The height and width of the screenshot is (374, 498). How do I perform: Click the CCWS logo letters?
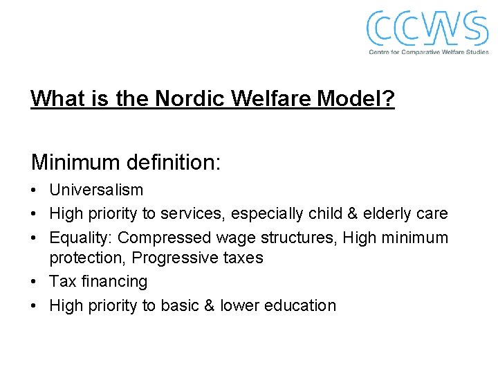427,28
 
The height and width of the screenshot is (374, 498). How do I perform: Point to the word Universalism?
96,190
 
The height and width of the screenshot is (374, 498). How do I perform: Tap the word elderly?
392,214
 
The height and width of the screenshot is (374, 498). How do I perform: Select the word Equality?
80,238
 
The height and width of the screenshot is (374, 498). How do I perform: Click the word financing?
112,281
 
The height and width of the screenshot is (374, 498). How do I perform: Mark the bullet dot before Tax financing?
35,282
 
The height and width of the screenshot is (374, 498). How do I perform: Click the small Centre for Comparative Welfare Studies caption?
428,52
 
